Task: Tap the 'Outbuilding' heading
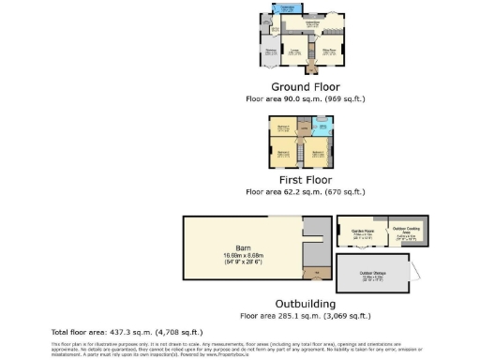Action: coord(303,304)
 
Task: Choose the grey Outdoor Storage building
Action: coord(379,275)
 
